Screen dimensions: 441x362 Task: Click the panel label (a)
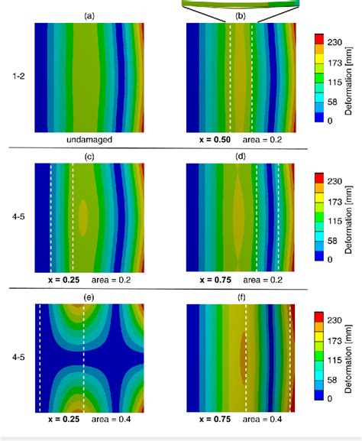pos(89,15)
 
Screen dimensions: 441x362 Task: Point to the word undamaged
pos(89,141)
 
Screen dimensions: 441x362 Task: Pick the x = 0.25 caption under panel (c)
pos(64,280)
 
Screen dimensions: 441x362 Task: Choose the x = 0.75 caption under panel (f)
pos(215,420)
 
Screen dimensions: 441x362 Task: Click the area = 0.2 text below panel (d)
pos(267,280)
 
